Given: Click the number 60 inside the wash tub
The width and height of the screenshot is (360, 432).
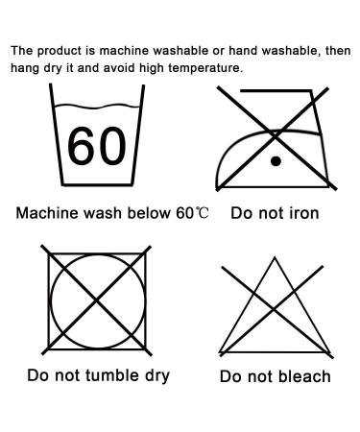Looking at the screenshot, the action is [x=97, y=146].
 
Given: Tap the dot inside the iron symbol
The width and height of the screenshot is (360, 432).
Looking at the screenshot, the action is [x=276, y=161].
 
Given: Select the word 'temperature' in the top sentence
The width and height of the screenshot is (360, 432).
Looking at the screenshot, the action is [x=205, y=68].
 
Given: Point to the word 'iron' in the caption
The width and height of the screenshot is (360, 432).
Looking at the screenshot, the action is [x=304, y=213].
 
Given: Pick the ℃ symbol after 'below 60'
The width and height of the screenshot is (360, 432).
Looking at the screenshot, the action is [x=202, y=212].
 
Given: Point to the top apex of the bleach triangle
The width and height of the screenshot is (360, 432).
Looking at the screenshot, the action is [x=275, y=257].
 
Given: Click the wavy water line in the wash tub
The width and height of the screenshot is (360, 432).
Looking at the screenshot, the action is [x=97, y=107].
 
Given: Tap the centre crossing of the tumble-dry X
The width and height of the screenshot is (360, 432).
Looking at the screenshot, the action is [x=97, y=300].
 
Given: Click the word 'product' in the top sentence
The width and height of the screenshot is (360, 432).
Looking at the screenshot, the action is [x=60, y=51].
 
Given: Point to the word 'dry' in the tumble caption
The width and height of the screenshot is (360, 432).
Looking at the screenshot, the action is [x=157, y=376].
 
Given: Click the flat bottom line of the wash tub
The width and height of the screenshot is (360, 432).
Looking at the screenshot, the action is [x=97, y=184].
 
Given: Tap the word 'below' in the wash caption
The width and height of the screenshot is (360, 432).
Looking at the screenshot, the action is [x=149, y=213].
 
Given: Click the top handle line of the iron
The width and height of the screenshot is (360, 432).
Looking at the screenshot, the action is [x=276, y=91].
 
